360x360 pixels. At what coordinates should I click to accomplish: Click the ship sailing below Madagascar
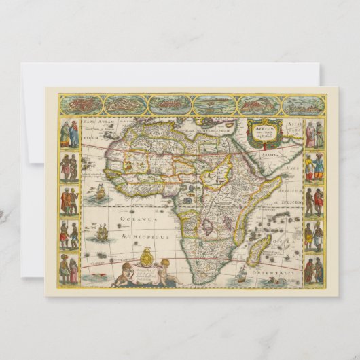pos(243,274)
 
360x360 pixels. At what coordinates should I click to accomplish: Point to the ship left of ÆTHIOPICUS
pos(101,233)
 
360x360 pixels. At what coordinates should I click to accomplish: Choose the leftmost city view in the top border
pos(80,105)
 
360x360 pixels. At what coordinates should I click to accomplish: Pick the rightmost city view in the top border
pos(302,105)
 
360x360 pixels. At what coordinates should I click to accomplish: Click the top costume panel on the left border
pos(69,134)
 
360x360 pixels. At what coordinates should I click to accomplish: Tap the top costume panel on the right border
pos(314,134)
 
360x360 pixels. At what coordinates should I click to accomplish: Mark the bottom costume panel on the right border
pos(314,270)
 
